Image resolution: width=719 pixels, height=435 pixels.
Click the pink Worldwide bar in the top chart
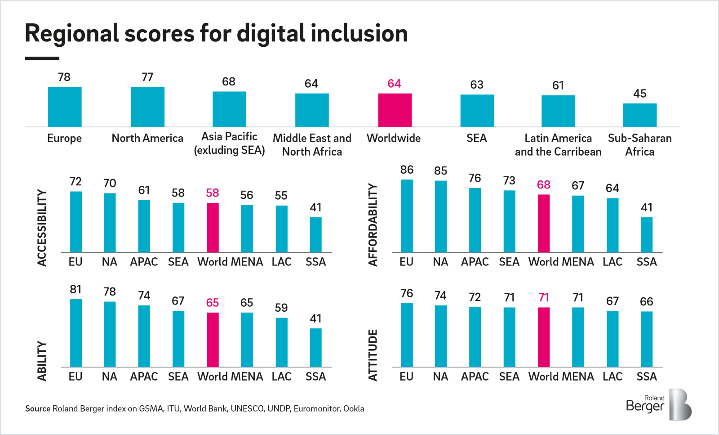click(x=395, y=110)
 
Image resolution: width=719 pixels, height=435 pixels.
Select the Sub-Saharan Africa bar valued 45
click(x=639, y=115)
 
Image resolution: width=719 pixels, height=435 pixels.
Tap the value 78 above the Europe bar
click(x=64, y=77)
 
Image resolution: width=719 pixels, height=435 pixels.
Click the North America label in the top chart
click(x=147, y=138)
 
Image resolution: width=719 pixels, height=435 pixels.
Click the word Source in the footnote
click(x=38, y=408)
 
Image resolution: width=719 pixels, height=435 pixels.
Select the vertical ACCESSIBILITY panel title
click(x=42, y=228)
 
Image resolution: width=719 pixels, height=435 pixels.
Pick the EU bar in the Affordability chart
click(x=407, y=216)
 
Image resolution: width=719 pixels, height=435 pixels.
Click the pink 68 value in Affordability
click(x=543, y=185)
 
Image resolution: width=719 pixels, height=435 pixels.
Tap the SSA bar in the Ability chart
click(x=315, y=348)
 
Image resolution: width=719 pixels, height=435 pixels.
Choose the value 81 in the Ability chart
click(x=75, y=290)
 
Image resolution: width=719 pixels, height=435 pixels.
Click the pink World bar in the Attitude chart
click(x=543, y=337)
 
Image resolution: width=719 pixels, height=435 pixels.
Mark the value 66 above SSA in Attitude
click(x=646, y=302)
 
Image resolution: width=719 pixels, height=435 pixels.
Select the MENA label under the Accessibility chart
click(x=247, y=262)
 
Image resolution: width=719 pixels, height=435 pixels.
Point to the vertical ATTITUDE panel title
click(x=373, y=355)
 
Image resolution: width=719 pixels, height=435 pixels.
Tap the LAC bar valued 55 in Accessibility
click(x=281, y=229)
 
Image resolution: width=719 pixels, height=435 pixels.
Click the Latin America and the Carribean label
click(x=558, y=145)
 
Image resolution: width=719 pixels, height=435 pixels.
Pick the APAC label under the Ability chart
click(x=144, y=377)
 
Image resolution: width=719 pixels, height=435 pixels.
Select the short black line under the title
click(x=42, y=58)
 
